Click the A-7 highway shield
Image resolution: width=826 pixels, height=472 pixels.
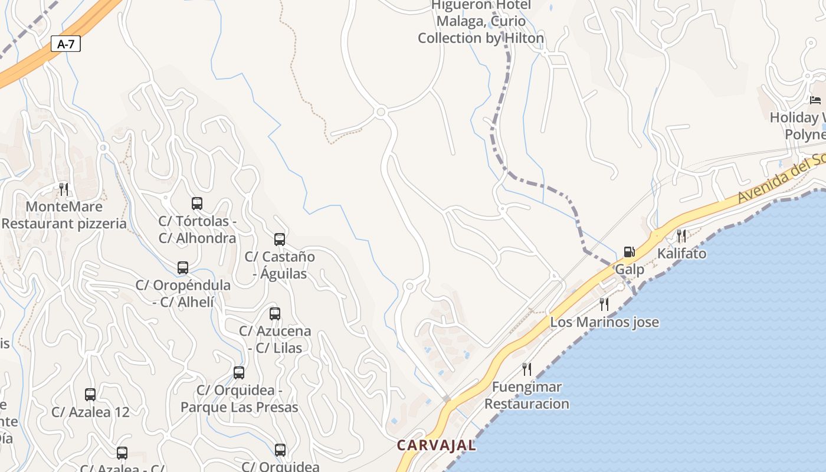[65, 44]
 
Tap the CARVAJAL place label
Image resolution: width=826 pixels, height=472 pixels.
[436, 445]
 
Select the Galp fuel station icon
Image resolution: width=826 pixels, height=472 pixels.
[630, 253]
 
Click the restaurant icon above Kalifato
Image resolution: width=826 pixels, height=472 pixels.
[681, 236]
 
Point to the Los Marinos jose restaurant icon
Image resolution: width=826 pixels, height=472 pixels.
[604, 304]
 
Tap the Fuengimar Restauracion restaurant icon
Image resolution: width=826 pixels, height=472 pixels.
[527, 369]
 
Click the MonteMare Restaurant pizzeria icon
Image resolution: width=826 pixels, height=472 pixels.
[64, 189]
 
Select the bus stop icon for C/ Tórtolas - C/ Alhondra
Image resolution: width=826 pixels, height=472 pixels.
[197, 204]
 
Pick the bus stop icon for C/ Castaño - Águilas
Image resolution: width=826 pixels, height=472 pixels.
[280, 240]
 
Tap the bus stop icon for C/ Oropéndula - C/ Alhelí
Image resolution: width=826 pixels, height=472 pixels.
[183, 268]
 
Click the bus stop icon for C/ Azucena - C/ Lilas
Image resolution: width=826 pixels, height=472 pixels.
[275, 314]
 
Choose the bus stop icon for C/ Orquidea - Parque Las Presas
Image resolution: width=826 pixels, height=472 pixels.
[239, 373]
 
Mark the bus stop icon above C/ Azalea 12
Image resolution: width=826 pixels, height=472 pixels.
[90, 395]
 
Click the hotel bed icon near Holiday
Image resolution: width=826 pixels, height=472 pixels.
[815, 100]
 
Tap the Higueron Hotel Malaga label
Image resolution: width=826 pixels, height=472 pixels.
[481, 22]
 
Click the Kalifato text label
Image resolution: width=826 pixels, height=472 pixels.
[682, 254]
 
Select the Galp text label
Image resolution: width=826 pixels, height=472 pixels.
[630, 269]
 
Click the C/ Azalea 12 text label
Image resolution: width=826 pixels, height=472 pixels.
[90, 412]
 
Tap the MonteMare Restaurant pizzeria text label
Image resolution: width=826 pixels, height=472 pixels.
[64, 215]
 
